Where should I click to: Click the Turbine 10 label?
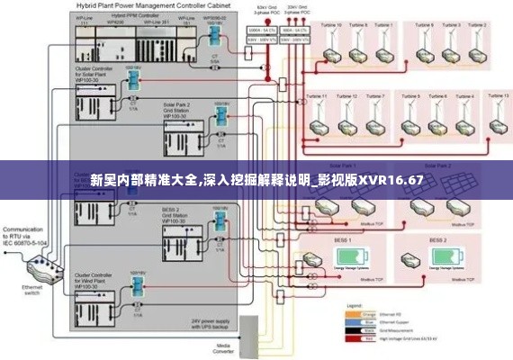(x=317, y=95)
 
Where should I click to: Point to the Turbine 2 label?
(x=454, y=25)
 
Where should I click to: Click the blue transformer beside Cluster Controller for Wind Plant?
(x=137, y=286)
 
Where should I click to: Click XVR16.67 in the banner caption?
(x=391, y=180)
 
